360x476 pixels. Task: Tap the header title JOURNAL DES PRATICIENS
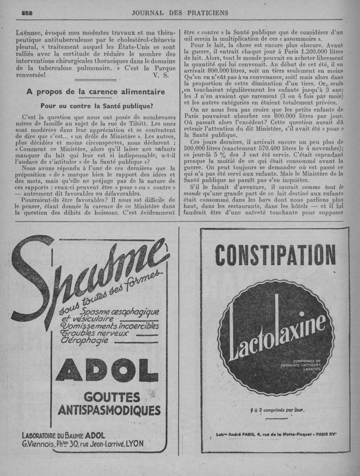[180, 13]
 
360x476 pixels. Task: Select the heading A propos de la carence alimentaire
[95, 92]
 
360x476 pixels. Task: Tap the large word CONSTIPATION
[275, 255]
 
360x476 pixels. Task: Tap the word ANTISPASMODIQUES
[109, 410]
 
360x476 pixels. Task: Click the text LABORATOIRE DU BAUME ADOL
[63, 435]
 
